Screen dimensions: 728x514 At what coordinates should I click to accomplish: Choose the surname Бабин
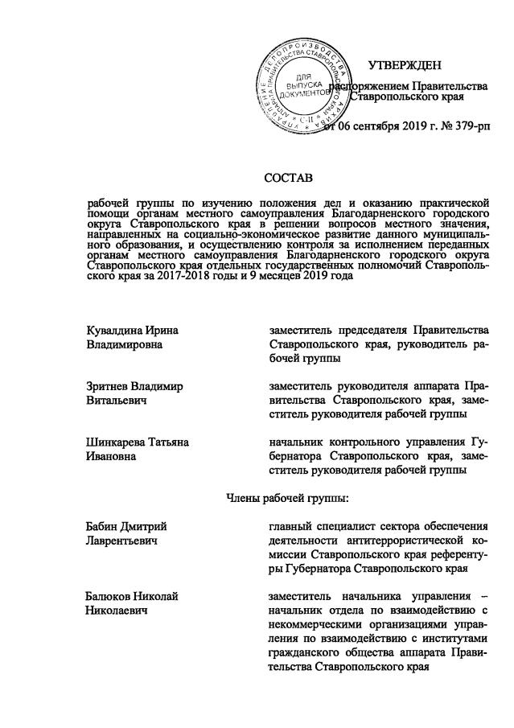point(103,527)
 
